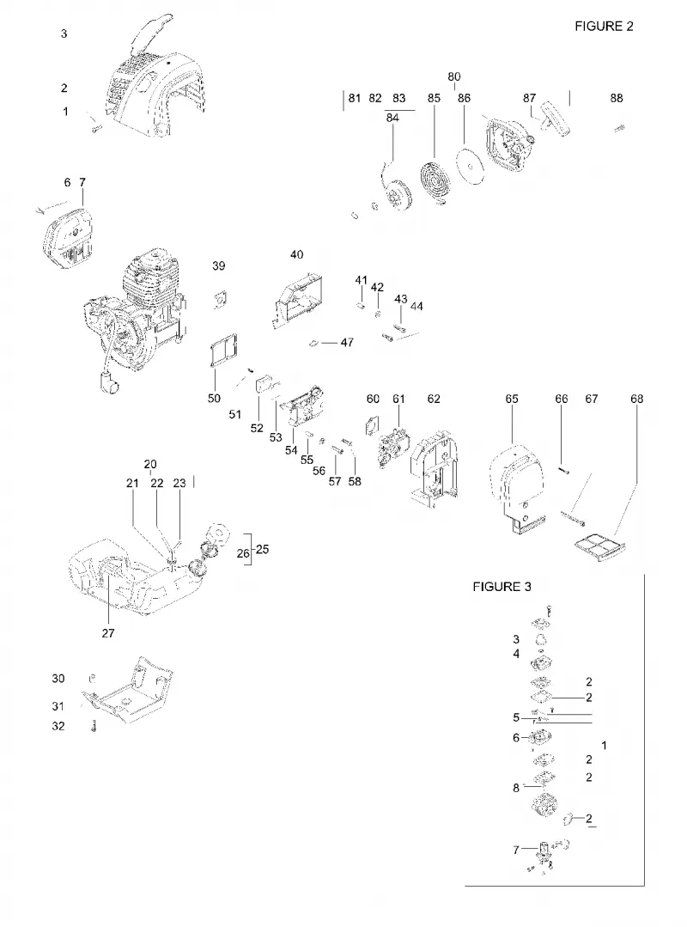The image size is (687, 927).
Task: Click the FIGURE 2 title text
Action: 604,26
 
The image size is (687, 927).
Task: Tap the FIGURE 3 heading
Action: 502,587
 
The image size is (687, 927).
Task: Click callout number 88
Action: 616,98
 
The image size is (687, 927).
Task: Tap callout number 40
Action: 296,254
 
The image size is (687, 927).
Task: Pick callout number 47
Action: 347,342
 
